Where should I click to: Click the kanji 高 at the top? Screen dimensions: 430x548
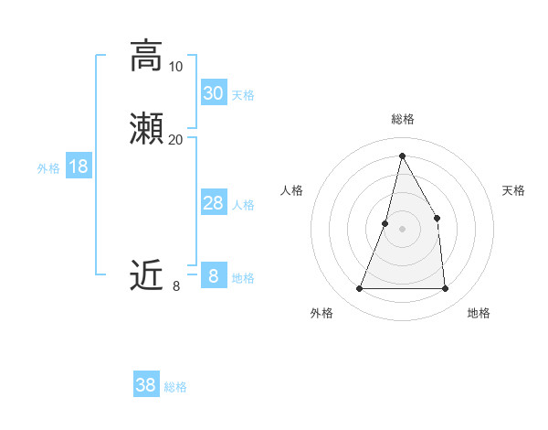[x=146, y=56]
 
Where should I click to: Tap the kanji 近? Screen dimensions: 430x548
[x=146, y=274]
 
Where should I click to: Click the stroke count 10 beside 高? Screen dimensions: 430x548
[x=175, y=66]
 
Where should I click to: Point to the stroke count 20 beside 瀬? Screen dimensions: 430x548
[x=175, y=139]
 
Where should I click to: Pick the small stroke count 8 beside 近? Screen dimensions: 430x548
[x=175, y=286]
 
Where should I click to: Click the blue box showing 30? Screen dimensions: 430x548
[x=214, y=93]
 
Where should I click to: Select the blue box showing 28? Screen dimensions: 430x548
[x=214, y=203]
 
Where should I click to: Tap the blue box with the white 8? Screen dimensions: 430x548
[x=214, y=275]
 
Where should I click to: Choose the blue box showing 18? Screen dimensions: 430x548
[x=79, y=167]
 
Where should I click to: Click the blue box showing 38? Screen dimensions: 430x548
[x=146, y=385]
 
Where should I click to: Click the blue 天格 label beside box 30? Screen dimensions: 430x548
[x=243, y=95]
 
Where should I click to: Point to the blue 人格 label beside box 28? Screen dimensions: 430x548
[x=244, y=205]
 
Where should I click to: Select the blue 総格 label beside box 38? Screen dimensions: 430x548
[x=175, y=387]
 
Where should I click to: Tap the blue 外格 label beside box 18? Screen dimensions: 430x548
[x=48, y=168]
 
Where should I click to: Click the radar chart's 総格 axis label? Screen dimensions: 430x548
[x=402, y=120]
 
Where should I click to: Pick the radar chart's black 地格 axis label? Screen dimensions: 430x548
[x=479, y=313]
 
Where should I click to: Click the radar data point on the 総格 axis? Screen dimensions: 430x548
[x=402, y=156]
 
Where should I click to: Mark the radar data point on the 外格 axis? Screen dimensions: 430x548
[x=359, y=289]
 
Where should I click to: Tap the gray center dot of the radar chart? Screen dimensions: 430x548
[x=402, y=229]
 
